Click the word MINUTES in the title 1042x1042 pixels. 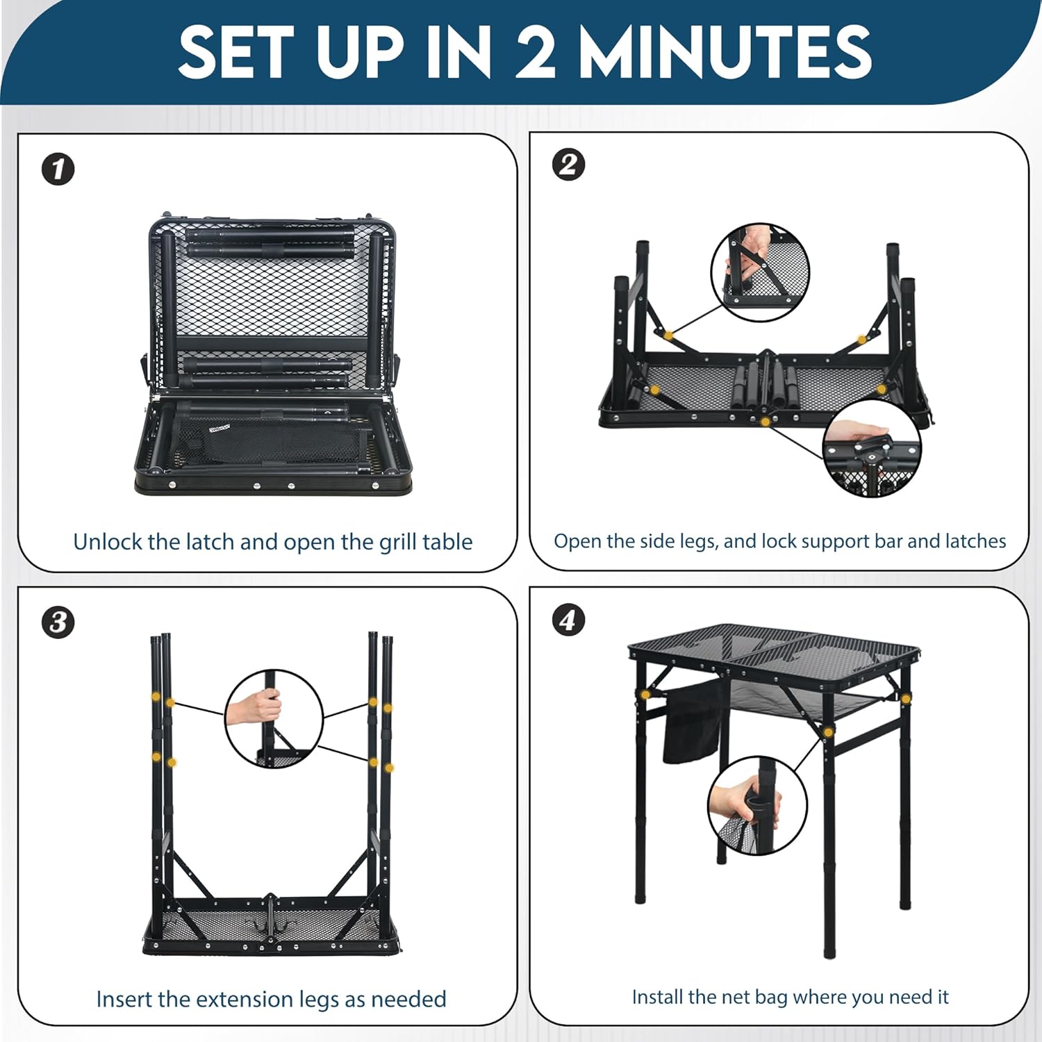click(725, 52)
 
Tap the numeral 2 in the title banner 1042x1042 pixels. click(535, 52)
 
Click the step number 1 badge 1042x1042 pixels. click(58, 169)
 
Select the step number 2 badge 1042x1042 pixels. click(568, 165)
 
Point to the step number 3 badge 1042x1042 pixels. click(58, 622)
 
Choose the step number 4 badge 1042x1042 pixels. click(568, 620)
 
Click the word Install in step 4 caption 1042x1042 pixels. click(658, 997)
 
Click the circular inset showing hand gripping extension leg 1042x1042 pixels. click(274, 719)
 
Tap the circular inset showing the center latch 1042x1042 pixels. click(872, 448)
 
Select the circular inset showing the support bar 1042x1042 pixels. click(761, 272)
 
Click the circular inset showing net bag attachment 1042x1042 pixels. click(757, 806)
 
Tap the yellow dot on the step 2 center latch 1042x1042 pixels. click(765, 422)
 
